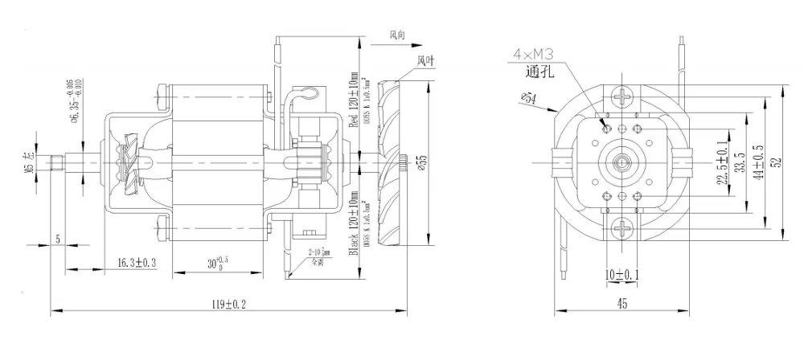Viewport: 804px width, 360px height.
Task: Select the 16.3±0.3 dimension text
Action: (x=136, y=263)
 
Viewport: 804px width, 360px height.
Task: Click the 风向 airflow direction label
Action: (x=397, y=35)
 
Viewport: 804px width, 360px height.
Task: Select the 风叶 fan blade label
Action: (x=426, y=60)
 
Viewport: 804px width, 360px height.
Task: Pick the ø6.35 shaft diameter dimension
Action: (x=75, y=103)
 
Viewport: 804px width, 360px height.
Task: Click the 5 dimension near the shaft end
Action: (x=58, y=239)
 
